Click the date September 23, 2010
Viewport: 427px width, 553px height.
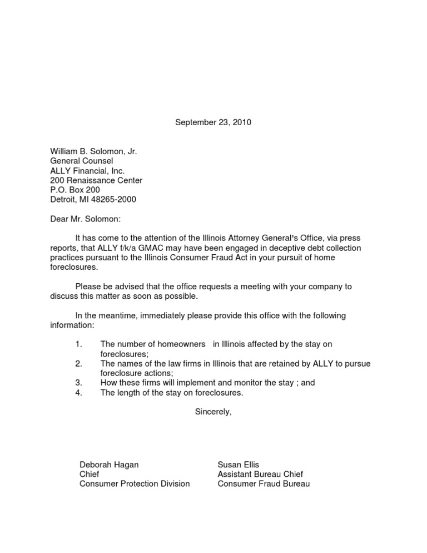click(x=213, y=122)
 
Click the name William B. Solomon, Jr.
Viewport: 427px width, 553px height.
click(x=93, y=151)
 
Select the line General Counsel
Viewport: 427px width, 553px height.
click(x=81, y=161)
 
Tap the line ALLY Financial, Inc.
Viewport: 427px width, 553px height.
click(x=87, y=171)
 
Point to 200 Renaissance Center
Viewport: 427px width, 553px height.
click(x=96, y=181)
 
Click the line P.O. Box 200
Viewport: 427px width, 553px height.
click(x=75, y=190)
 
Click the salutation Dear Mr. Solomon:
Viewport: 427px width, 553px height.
click(x=85, y=219)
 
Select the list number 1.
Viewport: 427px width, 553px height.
click(x=78, y=344)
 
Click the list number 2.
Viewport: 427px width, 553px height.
click(x=78, y=364)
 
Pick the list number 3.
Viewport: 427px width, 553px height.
click(x=78, y=383)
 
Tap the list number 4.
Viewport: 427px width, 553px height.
click(x=78, y=392)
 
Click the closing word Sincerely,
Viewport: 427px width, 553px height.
click(x=213, y=412)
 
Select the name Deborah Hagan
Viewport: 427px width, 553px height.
click(x=109, y=465)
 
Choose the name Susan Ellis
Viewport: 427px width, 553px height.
click(x=239, y=465)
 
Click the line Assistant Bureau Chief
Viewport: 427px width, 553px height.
click(x=260, y=474)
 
